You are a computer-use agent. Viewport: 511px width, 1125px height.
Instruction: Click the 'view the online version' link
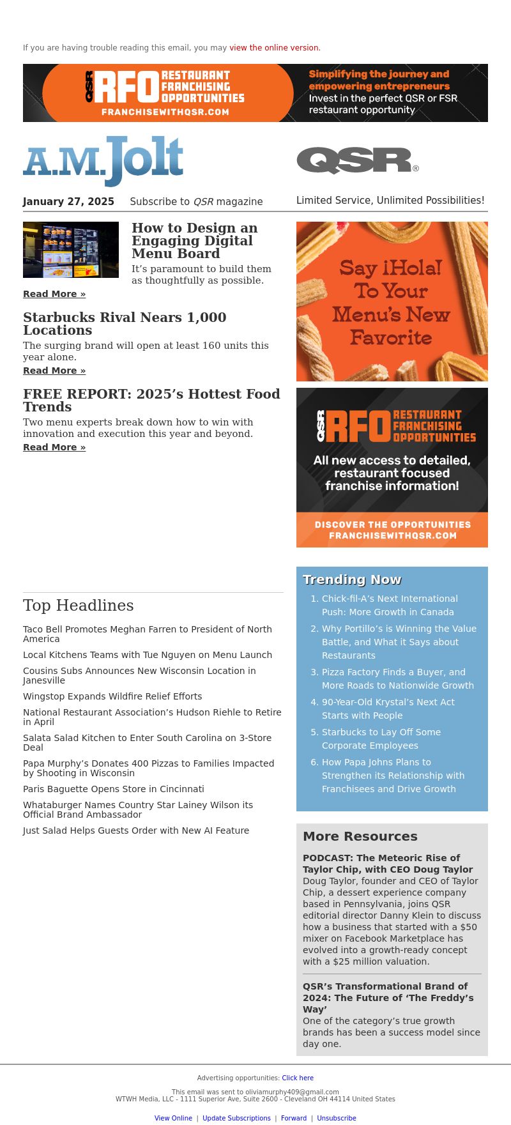click(274, 48)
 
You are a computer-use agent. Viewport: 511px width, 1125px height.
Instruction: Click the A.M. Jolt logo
click(103, 160)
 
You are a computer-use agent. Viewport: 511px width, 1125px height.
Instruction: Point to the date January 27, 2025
click(68, 202)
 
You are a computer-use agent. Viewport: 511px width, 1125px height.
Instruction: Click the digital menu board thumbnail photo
click(71, 250)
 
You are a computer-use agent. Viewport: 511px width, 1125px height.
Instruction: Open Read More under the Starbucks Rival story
click(54, 371)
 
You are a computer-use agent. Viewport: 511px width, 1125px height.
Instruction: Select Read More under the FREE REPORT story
click(54, 447)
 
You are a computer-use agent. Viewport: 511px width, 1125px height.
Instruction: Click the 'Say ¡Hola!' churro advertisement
click(392, 302)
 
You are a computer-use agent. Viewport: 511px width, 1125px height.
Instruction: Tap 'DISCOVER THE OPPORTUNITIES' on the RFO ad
click(392, 524)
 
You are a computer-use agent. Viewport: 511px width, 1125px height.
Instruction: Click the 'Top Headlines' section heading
click(79, 606)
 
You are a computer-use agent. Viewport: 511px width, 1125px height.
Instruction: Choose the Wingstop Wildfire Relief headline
click(112, 696)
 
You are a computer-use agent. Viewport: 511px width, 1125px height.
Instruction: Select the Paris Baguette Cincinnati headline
click(114, 789)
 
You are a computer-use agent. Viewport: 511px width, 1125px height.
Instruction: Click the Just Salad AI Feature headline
click(136, 830)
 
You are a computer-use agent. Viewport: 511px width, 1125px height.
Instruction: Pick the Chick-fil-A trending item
click(390, 605)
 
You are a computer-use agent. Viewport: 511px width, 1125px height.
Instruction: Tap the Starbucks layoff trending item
click(381, 739)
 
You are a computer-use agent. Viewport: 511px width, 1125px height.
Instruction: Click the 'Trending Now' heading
click(352, 579)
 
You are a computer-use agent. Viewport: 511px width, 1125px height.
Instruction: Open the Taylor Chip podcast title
click(388, 864)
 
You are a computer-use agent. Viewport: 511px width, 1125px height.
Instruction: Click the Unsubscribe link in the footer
click(337, 1118)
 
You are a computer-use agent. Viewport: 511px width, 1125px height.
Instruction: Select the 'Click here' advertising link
click(298, 1078)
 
